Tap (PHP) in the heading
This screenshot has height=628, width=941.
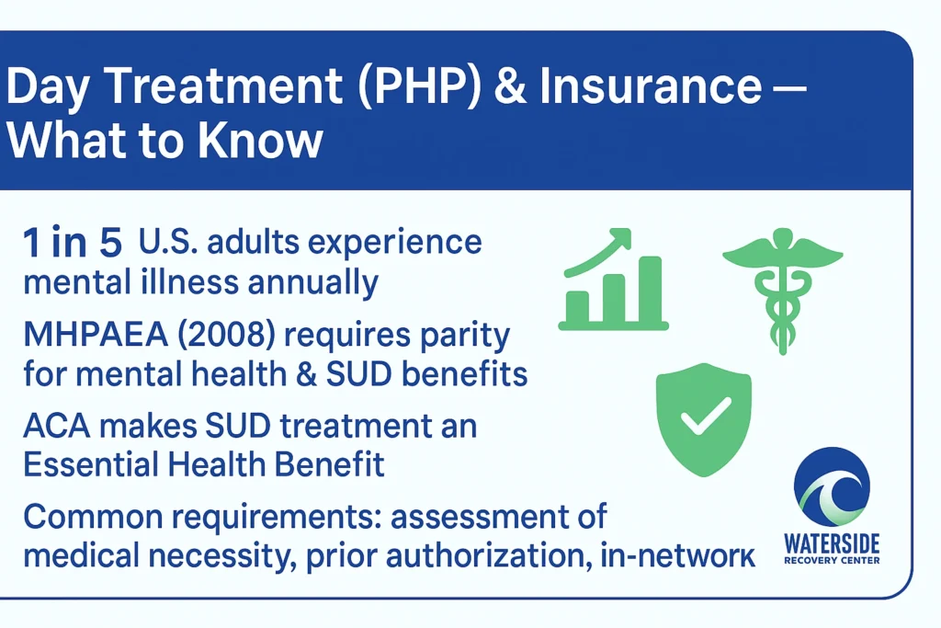pos(419,86)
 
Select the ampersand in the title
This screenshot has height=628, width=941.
pos(510,86)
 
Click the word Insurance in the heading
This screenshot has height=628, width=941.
pos(651,86)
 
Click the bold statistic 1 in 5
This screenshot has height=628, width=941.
pos(73,243)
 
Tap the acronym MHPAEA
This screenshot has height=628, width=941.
pos(96,335)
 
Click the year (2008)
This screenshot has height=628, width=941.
pos(226,335)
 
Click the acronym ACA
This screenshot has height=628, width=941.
pos(57,427)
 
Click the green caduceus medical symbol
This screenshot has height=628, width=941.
pos(783,291)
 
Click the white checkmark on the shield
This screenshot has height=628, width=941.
pos(706,416)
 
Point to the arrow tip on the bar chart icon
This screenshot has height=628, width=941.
pos(629,232)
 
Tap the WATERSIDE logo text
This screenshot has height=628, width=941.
pos(832,544)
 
